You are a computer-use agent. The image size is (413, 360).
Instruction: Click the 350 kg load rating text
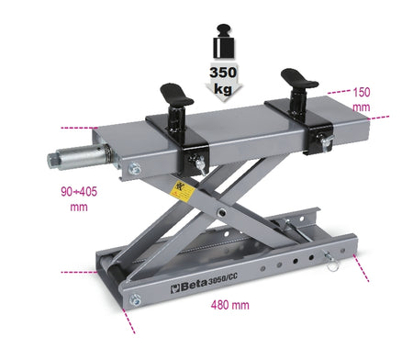(223, 80)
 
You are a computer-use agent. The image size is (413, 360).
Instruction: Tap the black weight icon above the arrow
(224, 41)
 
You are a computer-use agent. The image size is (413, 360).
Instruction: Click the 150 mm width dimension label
(362, 99)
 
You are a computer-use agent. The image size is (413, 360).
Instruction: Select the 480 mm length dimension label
(229, 305)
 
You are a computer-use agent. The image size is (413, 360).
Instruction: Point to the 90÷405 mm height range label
(79, 199)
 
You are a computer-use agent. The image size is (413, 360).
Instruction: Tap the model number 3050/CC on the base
(222, 279)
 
